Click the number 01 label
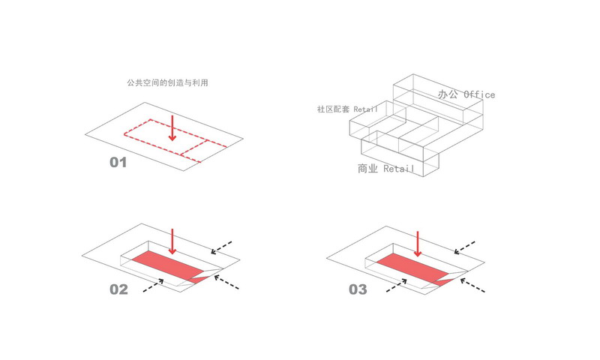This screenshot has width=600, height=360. [118, 162]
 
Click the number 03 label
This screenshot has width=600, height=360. [357, 289]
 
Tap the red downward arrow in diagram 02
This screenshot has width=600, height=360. [172, 241]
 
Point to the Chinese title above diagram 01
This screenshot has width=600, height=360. [167, 82]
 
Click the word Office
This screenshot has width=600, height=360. [479, 94]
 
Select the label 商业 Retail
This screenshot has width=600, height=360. [385, 169]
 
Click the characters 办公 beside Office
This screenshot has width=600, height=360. [448, 94]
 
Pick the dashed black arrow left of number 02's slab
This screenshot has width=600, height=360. [151, 284]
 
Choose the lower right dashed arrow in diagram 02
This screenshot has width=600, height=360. [227, 283]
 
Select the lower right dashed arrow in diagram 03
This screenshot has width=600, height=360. [472, 284]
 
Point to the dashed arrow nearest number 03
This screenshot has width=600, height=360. [396, 284]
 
